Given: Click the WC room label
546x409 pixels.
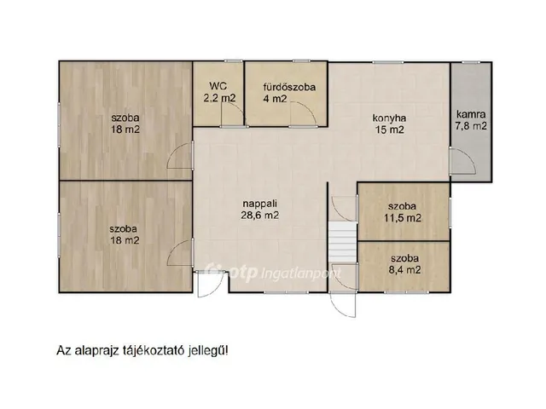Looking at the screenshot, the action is [x=218, y=86].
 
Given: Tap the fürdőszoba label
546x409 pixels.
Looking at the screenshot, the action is [x=289, y=87].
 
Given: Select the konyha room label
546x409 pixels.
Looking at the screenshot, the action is [x=389, y=118].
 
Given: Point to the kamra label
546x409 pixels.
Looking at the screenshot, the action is [x=471, y=114].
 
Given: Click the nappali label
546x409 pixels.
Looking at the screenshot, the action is [x=259, y=204].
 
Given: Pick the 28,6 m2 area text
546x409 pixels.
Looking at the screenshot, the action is [x=259, y=216].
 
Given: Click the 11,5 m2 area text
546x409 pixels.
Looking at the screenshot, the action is [x=403, y=218].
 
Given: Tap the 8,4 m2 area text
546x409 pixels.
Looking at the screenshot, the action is [x=406, y=270].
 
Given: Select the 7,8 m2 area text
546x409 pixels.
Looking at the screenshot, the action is [x=471, y=126].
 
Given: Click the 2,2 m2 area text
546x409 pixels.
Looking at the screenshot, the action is [x=220, y=98].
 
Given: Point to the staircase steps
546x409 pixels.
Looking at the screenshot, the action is [x=342, y=243].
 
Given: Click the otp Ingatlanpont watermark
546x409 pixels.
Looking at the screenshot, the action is [x=273, y=273].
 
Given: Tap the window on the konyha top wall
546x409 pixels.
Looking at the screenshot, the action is [x=388, y=62].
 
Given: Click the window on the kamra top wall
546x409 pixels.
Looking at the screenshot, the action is [x=471, y=62].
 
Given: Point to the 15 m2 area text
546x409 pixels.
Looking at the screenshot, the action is [x=389, y=130].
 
